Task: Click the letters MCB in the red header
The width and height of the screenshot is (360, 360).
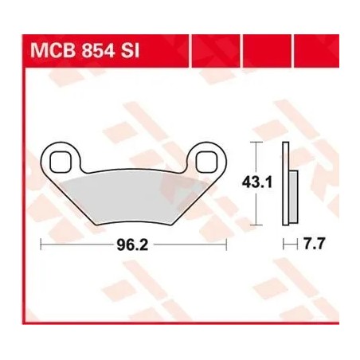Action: coord(50,51)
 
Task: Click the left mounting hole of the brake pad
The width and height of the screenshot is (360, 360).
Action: coord(60,161)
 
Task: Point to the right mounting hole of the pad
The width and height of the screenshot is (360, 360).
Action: coord(205,160)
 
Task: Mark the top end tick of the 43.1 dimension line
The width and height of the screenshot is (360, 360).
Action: coord(256,142)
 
